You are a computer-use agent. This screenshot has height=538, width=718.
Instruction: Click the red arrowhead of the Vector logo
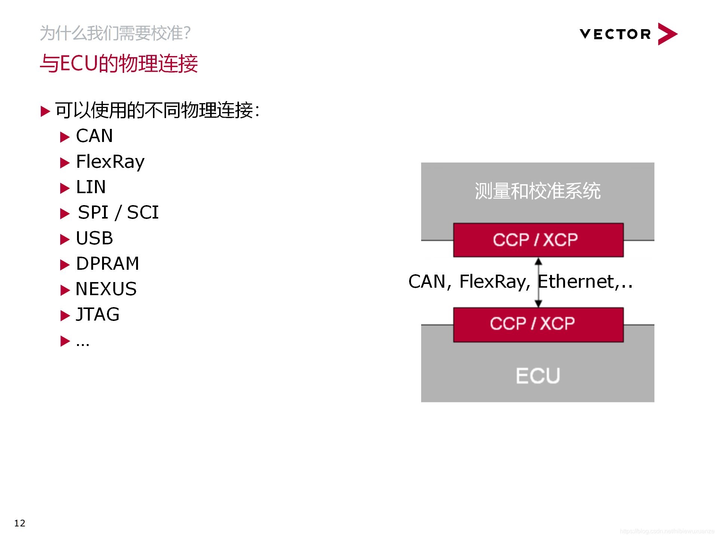pyautogui.click(x=667, y=34)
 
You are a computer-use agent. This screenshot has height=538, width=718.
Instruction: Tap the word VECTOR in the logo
pyautogui.click(x=615, y=34)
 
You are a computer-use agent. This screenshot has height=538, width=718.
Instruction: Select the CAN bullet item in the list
pyautogui.click(x=94, y=136)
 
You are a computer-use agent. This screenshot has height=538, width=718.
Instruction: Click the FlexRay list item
pyautogui.click(x=110, y=161)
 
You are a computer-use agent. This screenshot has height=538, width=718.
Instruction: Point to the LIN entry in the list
pyautogui.click(x=91, y=187)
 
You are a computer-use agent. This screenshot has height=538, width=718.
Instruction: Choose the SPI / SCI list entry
pyautogui.click(x=118, y=212)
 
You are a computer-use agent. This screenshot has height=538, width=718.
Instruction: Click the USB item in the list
pyautogui.click(x=94, y=238)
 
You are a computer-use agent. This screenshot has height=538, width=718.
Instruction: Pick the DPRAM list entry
pyautogui.click(x=107, y=263)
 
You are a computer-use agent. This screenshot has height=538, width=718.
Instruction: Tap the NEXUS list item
pyautogui.click(x=106, y=289)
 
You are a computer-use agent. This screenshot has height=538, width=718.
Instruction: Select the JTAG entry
pyautogui.click(x=98, y=314)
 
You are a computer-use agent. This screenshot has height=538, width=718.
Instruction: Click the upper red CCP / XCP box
pyautogui.click(x=538, y=240)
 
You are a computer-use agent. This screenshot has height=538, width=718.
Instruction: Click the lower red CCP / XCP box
pyautogui.click(x=538, y=324)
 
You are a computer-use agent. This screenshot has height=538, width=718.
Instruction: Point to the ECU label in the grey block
pyautogui.click(x=538, y=375)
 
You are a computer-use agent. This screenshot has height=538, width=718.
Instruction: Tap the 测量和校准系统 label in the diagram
pyautogui.click(x=537, y=191)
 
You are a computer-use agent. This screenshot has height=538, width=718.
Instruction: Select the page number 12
pyautogui.click(x=20, y=523)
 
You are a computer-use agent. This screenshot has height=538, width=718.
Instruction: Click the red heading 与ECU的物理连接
pyautogui.click(x=119, y=64)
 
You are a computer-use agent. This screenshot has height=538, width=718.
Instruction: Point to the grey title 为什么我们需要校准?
pyautogui.click(x=115, y=33)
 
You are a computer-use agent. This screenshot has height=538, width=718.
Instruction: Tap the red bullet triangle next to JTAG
pyautogui.click(x=65, y=316)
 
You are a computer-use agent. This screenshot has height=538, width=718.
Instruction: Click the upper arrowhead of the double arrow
pyautogui.click(x=538, y=261)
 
